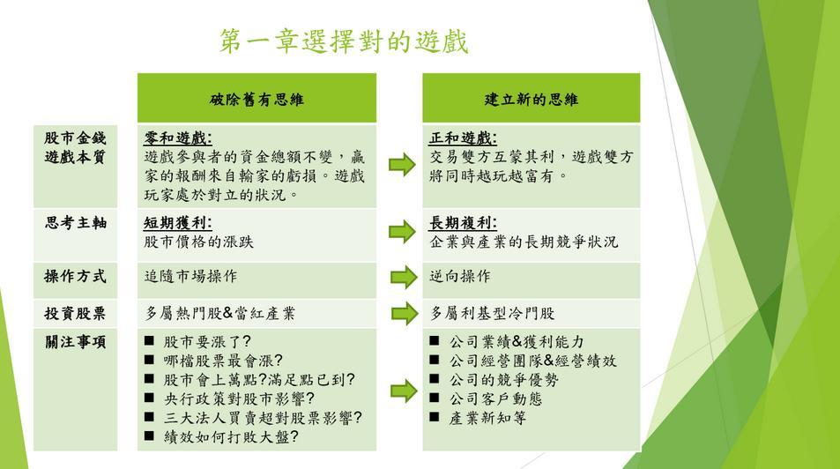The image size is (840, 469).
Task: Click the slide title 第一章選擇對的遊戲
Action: click(x=344, y=41)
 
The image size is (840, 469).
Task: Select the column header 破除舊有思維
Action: click(x=256, y=100)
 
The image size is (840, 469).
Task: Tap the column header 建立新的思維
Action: click(x=531, y=100)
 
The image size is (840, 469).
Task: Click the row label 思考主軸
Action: click(x=76, y=223)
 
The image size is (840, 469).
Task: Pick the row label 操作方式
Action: click(x=76, y=277)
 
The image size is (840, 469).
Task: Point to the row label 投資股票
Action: click(x=76, y=314)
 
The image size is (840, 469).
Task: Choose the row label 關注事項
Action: click(x=76, y=342)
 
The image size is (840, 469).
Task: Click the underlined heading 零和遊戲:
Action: click(x=178, y=138)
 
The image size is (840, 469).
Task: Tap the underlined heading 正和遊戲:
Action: click(x=463, y=138)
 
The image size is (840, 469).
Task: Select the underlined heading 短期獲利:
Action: click(x=178, y=223)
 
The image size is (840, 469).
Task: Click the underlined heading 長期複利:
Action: click(x=463, y=223)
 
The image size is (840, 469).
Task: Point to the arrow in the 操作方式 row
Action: click(x=404, y=277)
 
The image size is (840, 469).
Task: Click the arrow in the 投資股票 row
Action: click(x=405, y=314)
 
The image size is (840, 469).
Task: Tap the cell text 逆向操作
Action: click(x=460, y=277)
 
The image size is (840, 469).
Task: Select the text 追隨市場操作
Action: click(x=190, y=277)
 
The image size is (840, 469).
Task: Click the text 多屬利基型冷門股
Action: click(x=493, y=314)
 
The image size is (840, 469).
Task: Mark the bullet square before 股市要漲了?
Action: click(x=150, y=340)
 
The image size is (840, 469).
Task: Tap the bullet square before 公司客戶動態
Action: click(x=435, y=398)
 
